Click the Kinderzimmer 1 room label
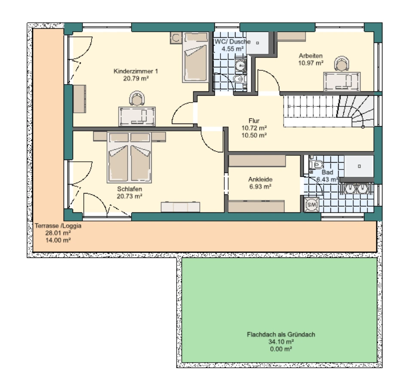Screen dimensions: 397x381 tap(136, 71)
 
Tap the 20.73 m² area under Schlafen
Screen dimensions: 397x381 tap(129, 196)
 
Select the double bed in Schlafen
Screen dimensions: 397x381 tap(129, 157)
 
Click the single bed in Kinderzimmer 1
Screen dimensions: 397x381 tap(195, 57)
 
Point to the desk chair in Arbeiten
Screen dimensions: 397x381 tap(342, 63)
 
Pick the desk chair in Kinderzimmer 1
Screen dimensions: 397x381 tap(137, 98)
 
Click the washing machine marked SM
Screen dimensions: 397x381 tap(311, 204)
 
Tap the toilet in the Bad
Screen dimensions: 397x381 tap(316, 165)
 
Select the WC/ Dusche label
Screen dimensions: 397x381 tap(232, 42)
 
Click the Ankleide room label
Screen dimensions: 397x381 tap(260, 179)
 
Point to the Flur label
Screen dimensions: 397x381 tap(254, 121)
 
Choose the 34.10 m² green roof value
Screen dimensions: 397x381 tap(281, 342)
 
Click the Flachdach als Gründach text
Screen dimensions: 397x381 tap(281, 335)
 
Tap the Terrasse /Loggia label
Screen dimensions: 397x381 tap(58, 226)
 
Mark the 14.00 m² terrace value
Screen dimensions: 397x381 tap(58, 240)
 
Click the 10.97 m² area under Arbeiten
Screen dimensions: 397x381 tap(311, 63)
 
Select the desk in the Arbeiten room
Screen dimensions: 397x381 tap(342, 82)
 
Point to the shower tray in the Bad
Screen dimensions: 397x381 tap(359, 166)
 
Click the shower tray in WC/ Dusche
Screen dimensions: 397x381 tap(257, 43)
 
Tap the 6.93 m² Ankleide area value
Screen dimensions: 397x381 tap(260, 187)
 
